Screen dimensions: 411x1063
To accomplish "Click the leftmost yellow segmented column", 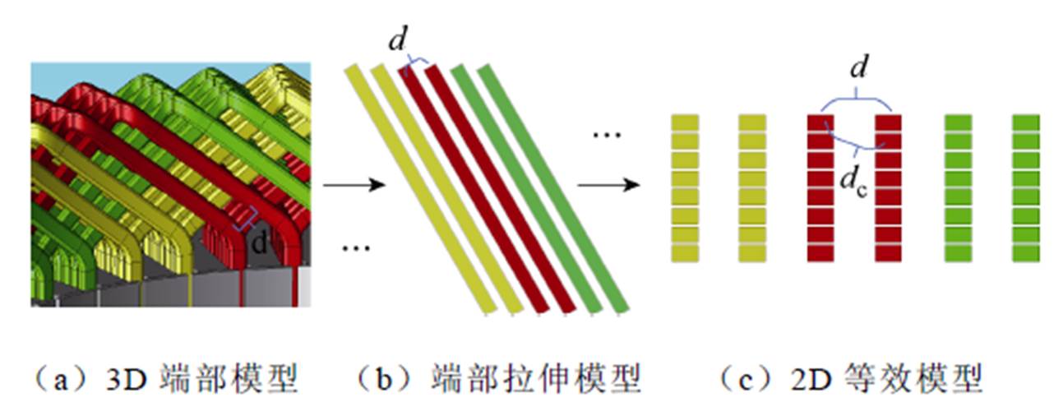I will click(x=685, y=188).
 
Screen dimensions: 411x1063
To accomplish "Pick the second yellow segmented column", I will click(x=752, y=188).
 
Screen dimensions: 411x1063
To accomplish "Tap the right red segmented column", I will click(x=889, y=188).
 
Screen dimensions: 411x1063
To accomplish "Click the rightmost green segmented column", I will click(x=1025, y=188).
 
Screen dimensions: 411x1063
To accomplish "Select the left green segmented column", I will click(x=958, y=188).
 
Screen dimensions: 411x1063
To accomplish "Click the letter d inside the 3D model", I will click(x=261, y=243).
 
